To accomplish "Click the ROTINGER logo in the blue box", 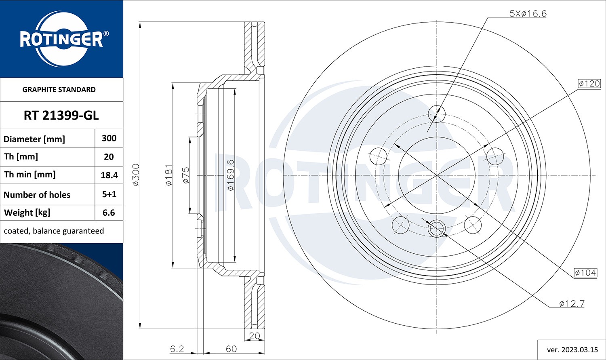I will (x=61, y=39).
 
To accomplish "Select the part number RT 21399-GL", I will (x=61, y=116).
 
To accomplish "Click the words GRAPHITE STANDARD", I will (x=59, y=90).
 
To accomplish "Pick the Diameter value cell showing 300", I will (x=109, y=138).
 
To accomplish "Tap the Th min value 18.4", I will (x=109, y=175).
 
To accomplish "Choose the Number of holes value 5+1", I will (x=109, y=194).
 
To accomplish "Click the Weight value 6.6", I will (x=109, y=213).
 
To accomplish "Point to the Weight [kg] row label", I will (x=27, y=213).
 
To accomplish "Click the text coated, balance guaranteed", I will (x=54, y=231).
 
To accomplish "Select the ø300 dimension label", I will (x=136, y=175).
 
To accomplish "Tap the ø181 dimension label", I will (x=169, y=175).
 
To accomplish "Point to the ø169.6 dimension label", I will (x=230, y=175).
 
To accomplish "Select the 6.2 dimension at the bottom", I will (x=177, y=349).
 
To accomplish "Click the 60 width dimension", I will (x=231, y=349).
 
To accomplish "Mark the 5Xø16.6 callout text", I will (x=528, y=14).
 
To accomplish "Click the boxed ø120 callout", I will (x=589, y=84).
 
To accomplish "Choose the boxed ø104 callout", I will (x=585, y=273).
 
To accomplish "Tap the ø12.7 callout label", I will (x=572, y=303).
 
